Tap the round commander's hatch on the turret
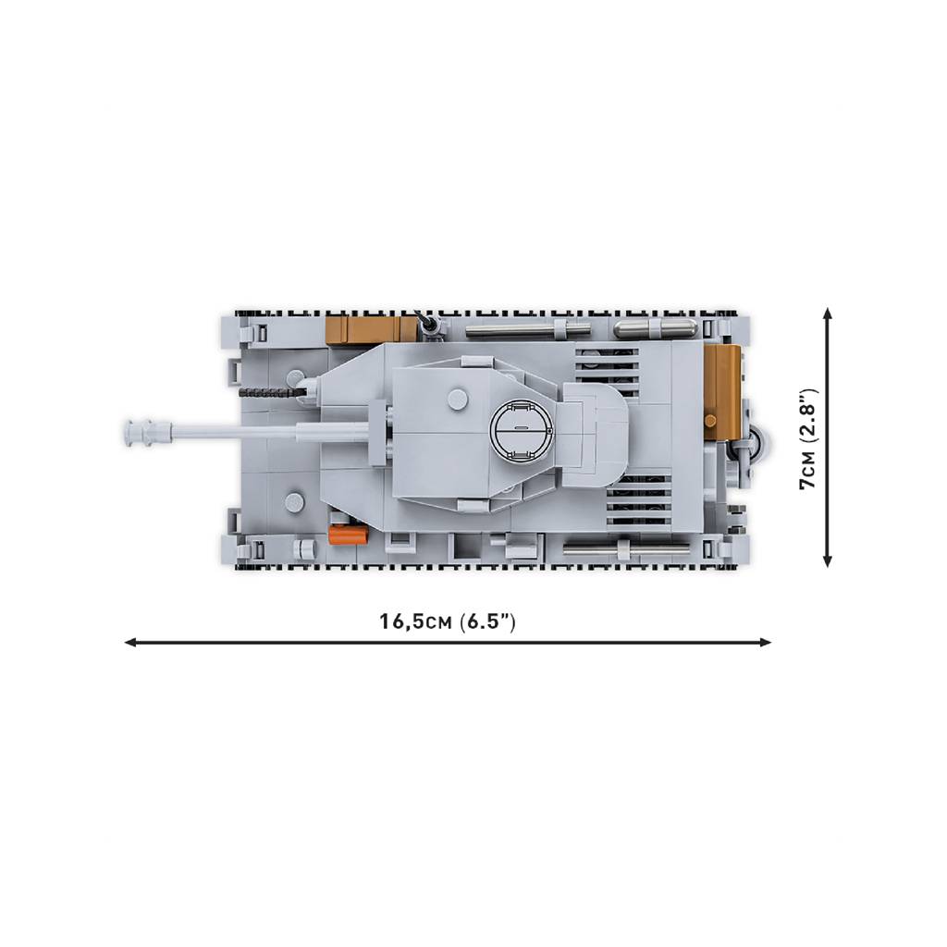click(x=523, y=429)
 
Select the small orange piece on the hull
click(x=348, y=535)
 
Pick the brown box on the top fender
click(x=371, y=330)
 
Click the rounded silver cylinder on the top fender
click(x=655, y=329)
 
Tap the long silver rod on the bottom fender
click(x=626, y=549)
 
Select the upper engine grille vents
click(x=607, y=370)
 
